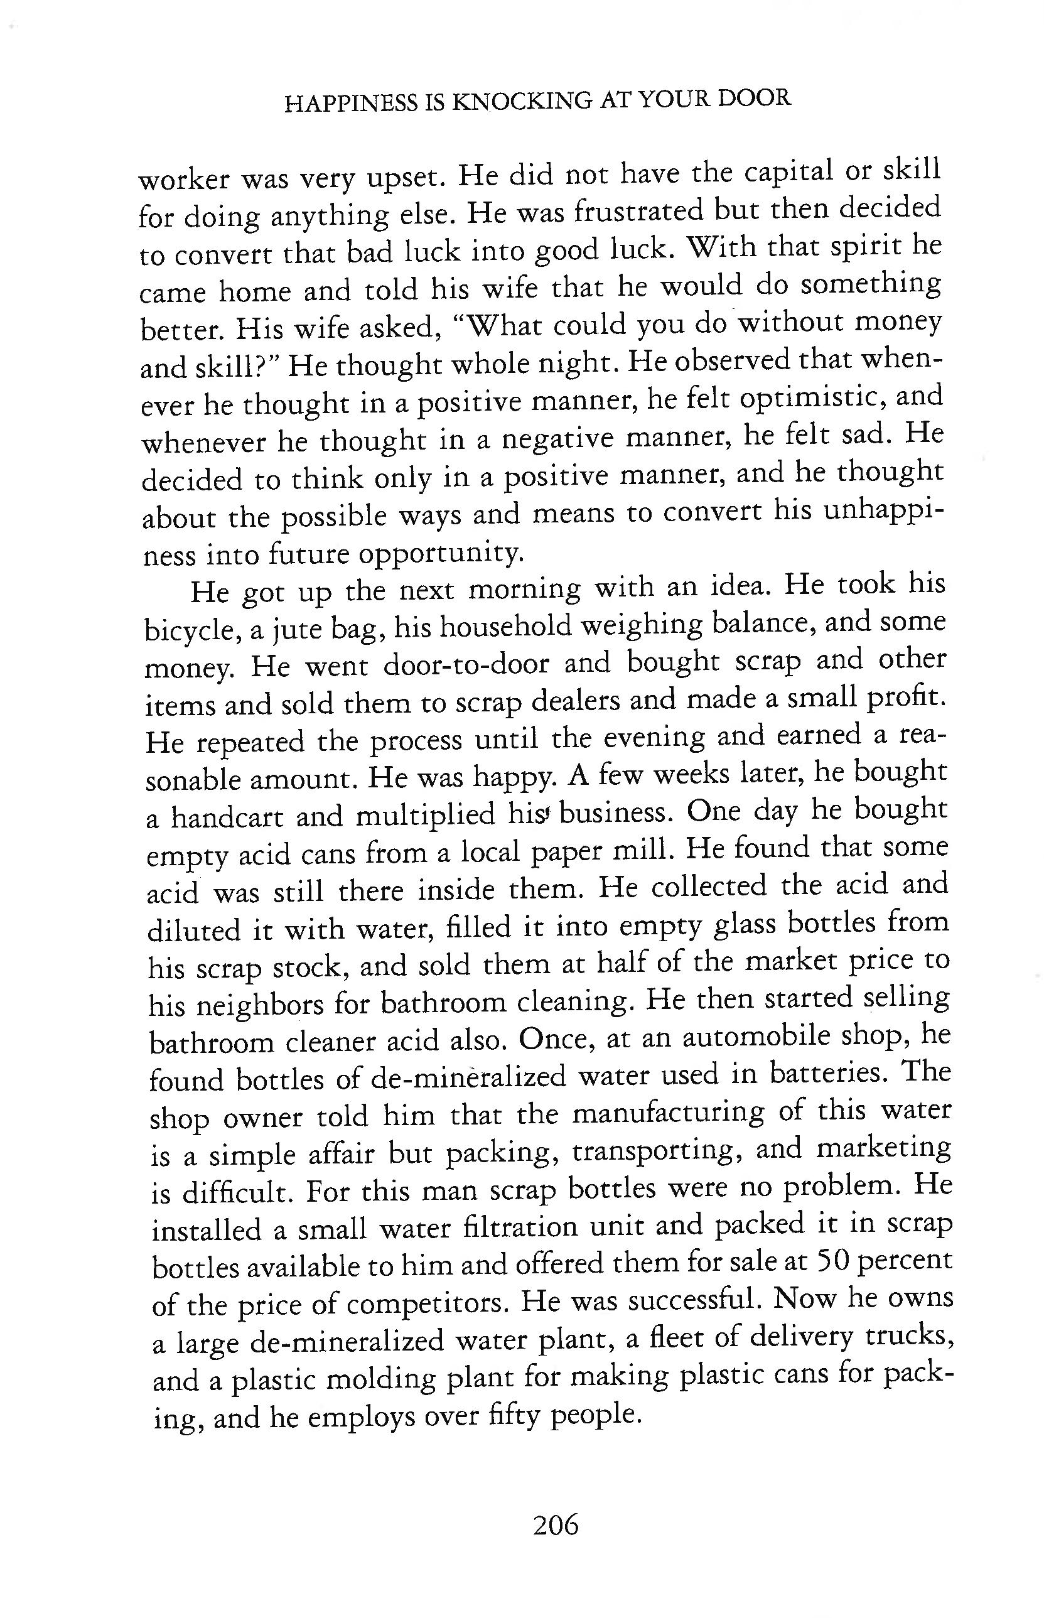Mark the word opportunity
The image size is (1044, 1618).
click(x=441, y=555)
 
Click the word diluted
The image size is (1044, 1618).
click(x=194, y=930)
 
